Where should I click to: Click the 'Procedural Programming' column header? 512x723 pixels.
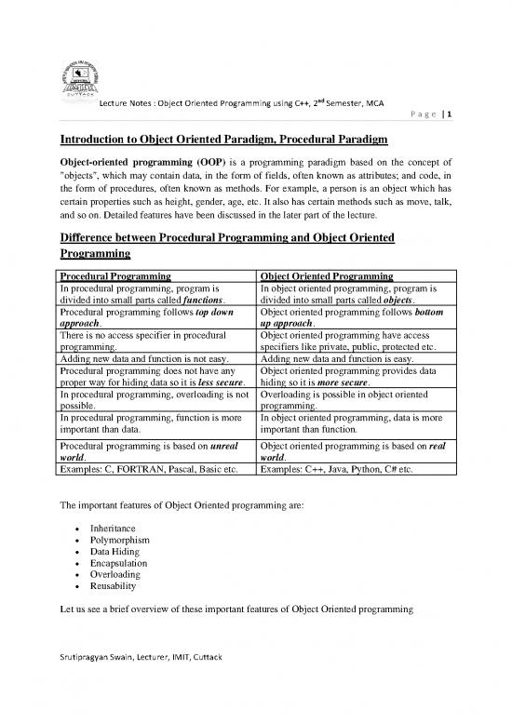tap(115, 277)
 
